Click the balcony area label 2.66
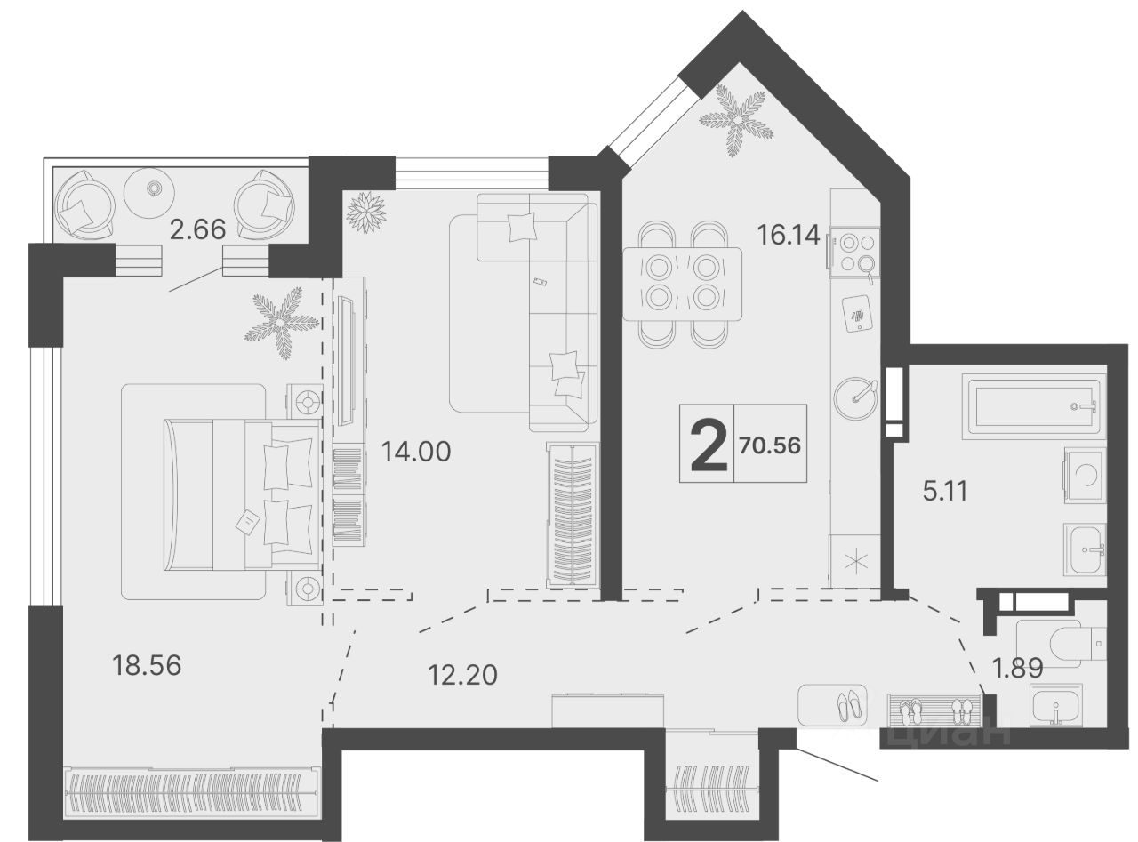click(x=197, y=230)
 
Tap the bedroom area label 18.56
click(x=147, y=665)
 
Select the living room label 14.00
click(x=416, y=452)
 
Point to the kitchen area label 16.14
click(x=789, y=236)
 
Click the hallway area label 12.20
click(x=463, y=675)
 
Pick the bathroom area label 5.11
click(x=945, y=491)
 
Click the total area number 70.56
click(x=770, y=445)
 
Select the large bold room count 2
click(x=709, y=445)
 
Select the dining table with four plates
click(x=683, y=284)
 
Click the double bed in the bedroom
click(x=243, y=494)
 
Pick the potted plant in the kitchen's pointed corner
click(x=737, y=121)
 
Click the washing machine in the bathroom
click(x=1085, y=476)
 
